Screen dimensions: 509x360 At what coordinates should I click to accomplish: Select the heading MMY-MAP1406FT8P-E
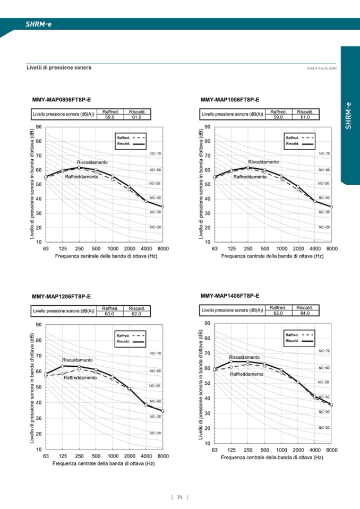tap(230, 296)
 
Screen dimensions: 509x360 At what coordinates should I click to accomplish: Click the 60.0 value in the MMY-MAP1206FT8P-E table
tap(110, 314)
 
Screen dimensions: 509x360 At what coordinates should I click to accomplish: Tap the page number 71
tap(180, 497)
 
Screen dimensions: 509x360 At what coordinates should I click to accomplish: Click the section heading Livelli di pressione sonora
tap(59, 68)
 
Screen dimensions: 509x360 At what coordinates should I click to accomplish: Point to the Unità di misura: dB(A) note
tap(322, 68)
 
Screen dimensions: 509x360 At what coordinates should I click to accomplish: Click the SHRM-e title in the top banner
tap(39, 24)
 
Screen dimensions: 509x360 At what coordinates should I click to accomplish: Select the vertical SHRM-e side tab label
tap(349, 115)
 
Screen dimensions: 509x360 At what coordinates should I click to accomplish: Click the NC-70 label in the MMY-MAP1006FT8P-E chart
tap(324, 153)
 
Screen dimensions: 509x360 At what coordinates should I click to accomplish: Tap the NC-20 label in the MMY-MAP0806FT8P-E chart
tap(155, 227)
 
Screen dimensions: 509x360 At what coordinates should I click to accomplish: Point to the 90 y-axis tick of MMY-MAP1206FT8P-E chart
tap(38, 325)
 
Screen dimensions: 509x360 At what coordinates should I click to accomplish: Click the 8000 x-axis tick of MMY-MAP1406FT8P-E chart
tap(331, 450)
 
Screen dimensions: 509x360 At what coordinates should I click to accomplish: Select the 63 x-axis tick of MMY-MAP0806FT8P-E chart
tap(46, 248)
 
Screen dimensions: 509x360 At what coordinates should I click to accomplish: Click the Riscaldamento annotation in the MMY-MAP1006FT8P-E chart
tap(263, 162)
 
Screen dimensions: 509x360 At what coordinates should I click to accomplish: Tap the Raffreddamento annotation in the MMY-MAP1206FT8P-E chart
tap(80, 377)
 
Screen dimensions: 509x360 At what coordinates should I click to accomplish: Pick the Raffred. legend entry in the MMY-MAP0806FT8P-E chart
tap(124, 137)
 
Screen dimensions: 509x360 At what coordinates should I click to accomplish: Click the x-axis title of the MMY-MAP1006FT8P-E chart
tap(272, 255)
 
